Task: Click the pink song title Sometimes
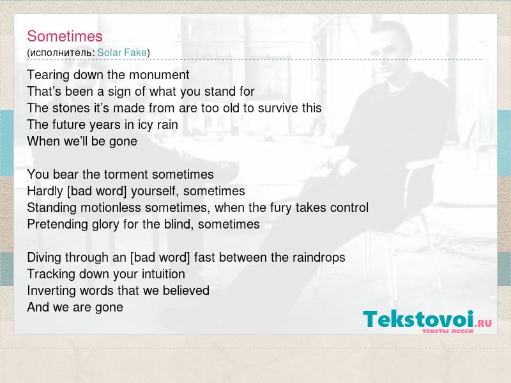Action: tap(65, 36)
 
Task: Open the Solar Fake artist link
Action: tap(122, 52)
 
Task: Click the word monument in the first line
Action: tap(159, 75)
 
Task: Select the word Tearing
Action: tap(49, 75)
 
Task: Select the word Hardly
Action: tap(45, 191)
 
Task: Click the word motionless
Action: tap(111, 208)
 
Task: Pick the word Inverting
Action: tap(52, 291)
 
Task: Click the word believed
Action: tap(186, 290)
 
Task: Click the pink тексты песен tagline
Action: tap(448, 331)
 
